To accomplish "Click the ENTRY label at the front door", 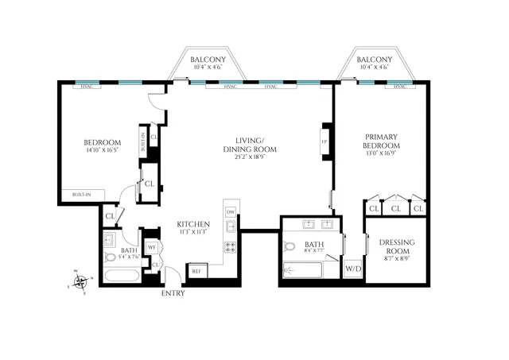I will click(x=173, y=293).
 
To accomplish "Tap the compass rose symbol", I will click(x=80, y=281).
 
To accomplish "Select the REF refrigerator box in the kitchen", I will click(x=196, y=271).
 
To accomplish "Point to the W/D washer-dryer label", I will click(x=353, y=268).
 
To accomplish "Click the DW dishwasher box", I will click(x=230, y=212).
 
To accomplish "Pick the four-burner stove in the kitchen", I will click(x=230, y=246).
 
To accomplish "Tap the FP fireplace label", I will click(x=324, y=142).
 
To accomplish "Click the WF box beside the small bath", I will click(x=151, y=246).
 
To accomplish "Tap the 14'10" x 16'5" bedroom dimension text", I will click(x=100, y=149).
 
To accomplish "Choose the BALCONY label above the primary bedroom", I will click(x=374, y=60).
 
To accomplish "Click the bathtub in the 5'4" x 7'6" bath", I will click(x=122, y=276).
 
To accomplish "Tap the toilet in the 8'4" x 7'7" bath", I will click(x=290, y=246).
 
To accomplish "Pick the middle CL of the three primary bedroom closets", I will click(x=395, y=208).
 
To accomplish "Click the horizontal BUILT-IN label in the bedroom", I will click(x=81, y=194).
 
